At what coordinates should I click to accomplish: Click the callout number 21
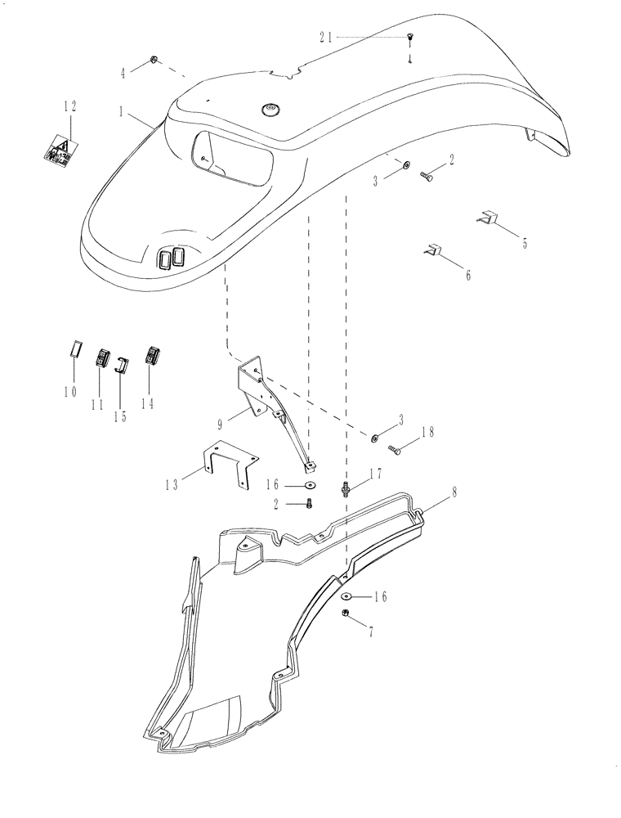click(x=325, y=37)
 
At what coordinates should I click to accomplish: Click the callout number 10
click(x=69, y=392)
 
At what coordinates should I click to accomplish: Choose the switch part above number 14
click(x=151, y=356)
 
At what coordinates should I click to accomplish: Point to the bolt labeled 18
click(x=395, y=449)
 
